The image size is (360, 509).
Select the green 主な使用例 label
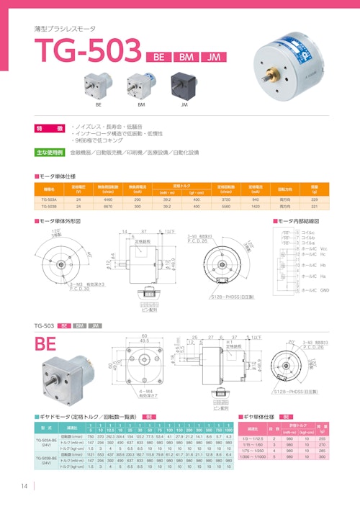pyautogui.click(x=50, y=153)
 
